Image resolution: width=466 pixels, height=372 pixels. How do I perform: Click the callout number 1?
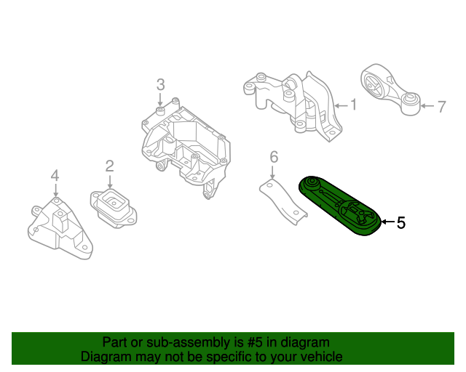pyautogui.click(x=354, y=105)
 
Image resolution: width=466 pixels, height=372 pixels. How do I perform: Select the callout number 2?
pyautogui.click(x=109, y=166)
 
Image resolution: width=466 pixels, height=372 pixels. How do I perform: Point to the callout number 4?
pyautogui.click(x=55, y=175)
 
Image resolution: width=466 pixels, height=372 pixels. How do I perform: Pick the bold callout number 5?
pyautogui.click(x=400, y=223)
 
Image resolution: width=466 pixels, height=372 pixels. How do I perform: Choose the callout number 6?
pyautogui.click(x=274, y=156)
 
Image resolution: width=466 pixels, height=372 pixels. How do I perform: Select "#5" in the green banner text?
pyautogui.click(x=252, y=342)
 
